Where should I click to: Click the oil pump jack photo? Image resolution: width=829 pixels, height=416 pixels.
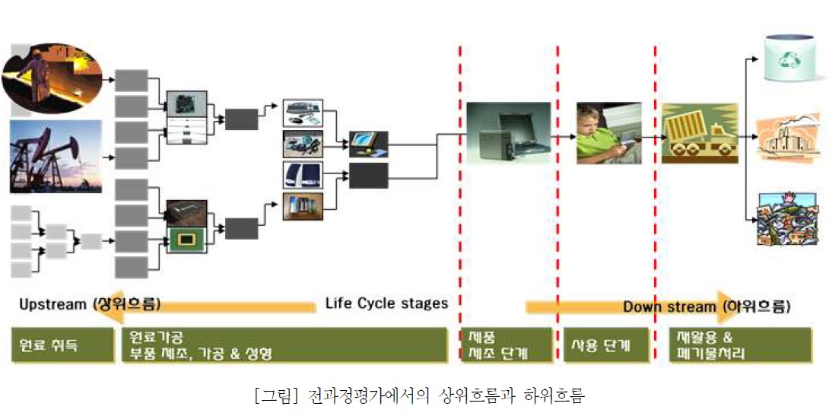[56, 156]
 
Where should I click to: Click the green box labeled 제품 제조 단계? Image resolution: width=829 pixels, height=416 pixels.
[506, 345]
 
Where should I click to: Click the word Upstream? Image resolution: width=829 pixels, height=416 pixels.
[52, 305]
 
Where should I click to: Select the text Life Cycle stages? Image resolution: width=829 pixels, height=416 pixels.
[386, 303]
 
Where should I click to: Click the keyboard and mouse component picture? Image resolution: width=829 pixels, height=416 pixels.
[302, 113]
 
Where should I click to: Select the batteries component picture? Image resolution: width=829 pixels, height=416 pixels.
[302, 206]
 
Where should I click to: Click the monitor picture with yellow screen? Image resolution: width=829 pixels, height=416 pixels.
[368, 142]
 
